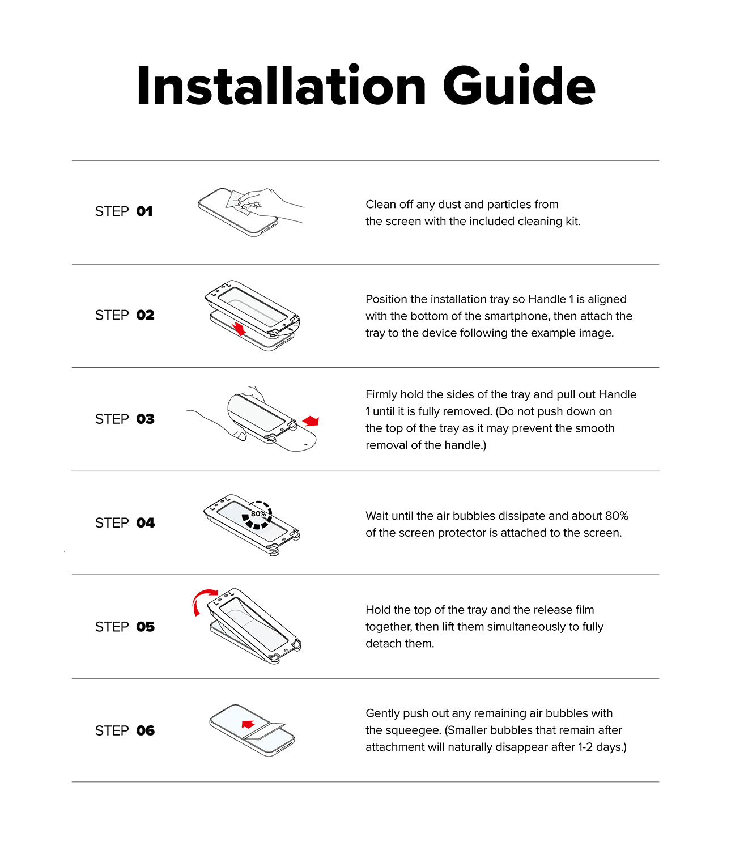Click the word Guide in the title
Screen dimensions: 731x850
tap(519, 86)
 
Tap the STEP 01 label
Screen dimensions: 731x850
tap(124, 211)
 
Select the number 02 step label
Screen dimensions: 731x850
tap(146, 315)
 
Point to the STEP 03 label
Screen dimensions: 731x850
tap(125, 419)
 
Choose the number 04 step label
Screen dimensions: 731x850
tap(146, 522)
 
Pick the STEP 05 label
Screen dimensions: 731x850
tap(125, 627)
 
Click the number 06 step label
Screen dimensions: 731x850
tap(146, 730)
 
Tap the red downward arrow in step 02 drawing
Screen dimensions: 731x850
tap(239, 329)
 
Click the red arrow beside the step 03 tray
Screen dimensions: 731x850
tap(311, 420)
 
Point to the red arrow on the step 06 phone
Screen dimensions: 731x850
tap(248, 724)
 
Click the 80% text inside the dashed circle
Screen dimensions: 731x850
tap(258, 513)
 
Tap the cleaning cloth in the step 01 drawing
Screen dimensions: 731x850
tap(240, 202)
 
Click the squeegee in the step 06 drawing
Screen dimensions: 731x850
tap(263, 732)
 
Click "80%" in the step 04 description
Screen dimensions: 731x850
tap(617, 516)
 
